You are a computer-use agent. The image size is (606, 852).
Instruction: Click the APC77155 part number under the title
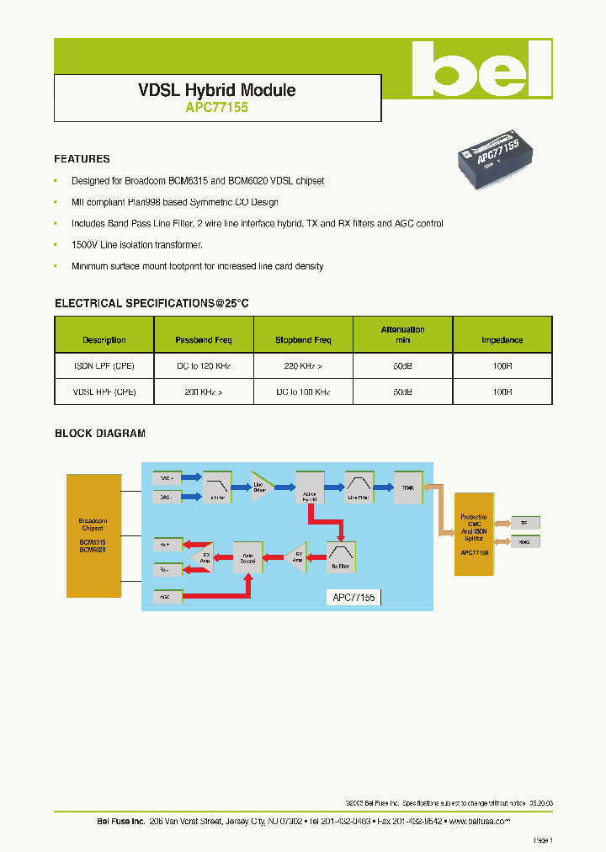pyautogui.click(x=216, y=108)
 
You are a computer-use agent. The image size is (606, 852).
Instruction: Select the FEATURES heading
pyautogui.click(x=82, y=158)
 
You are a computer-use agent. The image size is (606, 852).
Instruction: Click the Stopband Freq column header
pyautogui.click(x=303, y=340)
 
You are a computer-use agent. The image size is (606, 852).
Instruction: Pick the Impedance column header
pyautogui.click(x=502, y=340)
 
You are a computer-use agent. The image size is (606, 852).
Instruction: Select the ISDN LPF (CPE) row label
pyautogui.click(x=104, y=366)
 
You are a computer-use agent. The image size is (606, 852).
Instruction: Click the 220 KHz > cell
pyautogui.click(x=303, y=366)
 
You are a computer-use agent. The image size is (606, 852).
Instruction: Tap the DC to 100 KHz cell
pyautogui.click(x=303, y=392)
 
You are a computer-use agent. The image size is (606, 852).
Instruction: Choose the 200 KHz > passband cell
pyautogui.click(x=204, y=392)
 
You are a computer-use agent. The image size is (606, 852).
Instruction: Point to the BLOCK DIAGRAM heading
pyautogui.click(x=100, y=434)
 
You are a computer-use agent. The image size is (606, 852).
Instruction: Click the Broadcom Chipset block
pyautogui.click(x=93, y=535)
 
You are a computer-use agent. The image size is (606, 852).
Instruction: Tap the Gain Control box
pyautogui.click(x=247, y=557)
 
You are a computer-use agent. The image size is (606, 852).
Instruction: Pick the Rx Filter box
pyautogui.click(x=342, y=556)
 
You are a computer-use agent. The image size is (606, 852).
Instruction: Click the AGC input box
pyautogui.click(x=167, y=596)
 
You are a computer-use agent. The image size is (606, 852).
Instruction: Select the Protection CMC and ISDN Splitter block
pyautogui.click(x=473, y=535)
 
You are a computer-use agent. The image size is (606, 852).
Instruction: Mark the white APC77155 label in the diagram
pyautogui.click(x=353, y=597)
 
